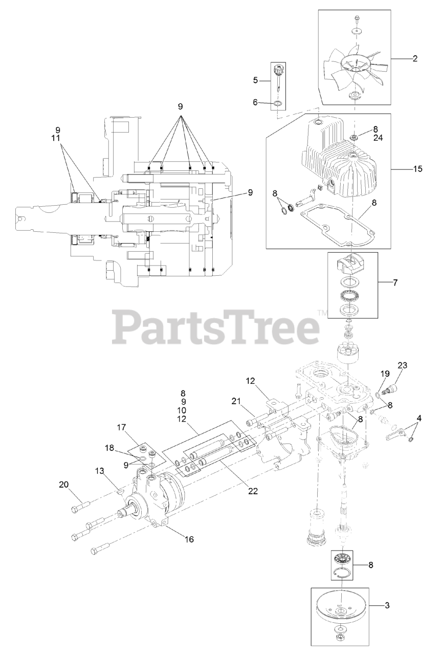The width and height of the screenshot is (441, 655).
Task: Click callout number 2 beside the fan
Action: [x=415, y=59]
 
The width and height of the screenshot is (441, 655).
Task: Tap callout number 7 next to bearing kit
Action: [x=394, y=282]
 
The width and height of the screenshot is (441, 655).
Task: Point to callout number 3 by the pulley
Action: [x=387, y=605]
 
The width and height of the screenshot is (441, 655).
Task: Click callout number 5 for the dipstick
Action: [x=256, y=80]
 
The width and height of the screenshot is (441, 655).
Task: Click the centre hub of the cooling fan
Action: [x=354, y=67]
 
